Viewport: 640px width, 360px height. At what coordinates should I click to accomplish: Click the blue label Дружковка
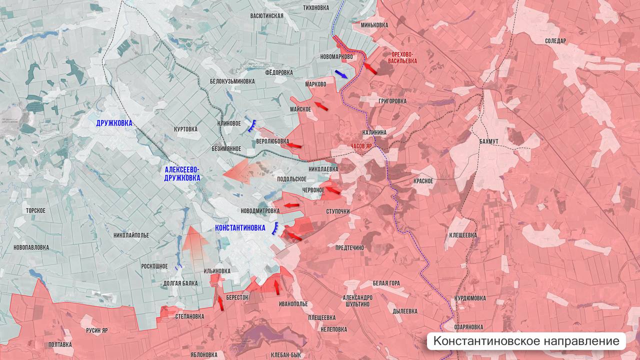(x=114, y=123)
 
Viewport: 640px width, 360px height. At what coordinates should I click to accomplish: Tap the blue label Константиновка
(x=240, y=227)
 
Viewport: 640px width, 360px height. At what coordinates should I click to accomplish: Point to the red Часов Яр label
(x=361, y=146)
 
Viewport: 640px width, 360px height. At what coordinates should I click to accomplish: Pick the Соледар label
(x=555, y=41)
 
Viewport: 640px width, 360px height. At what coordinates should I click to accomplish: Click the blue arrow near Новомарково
(x=342, y=74)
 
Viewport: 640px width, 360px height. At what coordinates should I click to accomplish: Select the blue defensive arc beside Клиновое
(x=251, y=125)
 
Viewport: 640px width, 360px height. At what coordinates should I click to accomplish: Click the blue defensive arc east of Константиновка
(x=275, y=229)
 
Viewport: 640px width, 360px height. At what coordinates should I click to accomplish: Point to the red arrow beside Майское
(x=322, y=106)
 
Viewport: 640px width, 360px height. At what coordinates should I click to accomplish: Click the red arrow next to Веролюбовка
(x=294, y=145)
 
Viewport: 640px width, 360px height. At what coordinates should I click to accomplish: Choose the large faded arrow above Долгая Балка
(x=194, y=243)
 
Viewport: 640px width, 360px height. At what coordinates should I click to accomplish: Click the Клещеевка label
(x=463, y=235)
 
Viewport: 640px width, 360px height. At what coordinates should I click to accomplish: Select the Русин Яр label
(x=97, y=330)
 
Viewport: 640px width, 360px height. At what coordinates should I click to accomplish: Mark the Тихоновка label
(x=316, y=7)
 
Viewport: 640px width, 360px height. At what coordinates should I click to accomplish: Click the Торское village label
(x=36, y=210)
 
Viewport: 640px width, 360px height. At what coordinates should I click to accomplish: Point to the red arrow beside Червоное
(x=333, y=190)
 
